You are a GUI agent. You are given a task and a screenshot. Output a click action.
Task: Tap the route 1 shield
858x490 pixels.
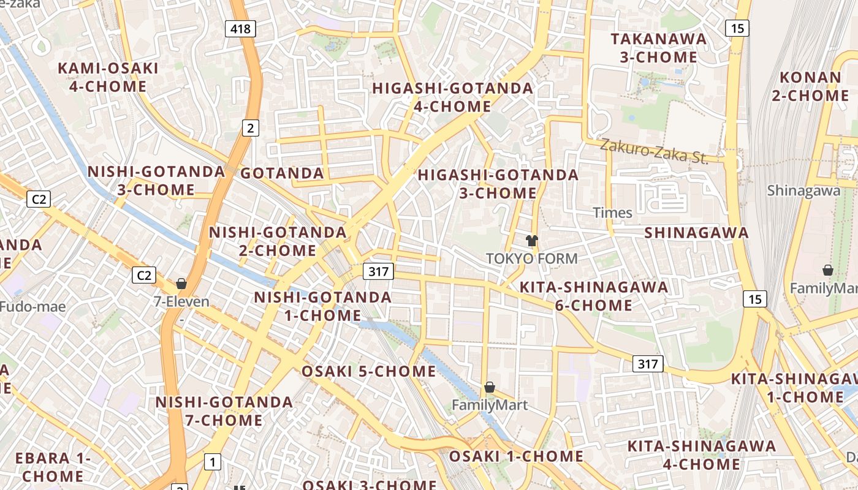coord(212,462)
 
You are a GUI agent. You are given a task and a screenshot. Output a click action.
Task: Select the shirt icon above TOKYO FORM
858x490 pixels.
coord(531,241)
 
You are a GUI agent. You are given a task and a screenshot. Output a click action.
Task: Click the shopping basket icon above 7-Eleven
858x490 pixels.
coord(181,284)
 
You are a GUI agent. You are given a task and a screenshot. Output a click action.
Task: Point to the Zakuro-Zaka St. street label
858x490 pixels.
coord(653,151)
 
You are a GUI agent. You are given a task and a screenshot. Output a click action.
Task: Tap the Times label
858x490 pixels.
coord(612,213)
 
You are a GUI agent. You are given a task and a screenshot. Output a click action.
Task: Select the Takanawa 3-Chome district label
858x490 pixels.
coord(658,48)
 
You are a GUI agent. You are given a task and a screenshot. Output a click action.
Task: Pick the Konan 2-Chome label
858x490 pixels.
coord(810,86)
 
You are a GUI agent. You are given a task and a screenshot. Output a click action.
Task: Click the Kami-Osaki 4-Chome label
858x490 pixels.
coord(108,77)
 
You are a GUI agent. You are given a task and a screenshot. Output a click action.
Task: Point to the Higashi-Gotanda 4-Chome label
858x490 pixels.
coord(453,97)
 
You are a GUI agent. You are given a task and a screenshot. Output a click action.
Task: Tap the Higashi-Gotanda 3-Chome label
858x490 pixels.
coord(498,184)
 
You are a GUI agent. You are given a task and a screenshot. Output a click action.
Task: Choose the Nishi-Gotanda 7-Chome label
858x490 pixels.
coord(224,411)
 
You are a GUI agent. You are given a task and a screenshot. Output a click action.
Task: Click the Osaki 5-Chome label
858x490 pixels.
coord(369,371)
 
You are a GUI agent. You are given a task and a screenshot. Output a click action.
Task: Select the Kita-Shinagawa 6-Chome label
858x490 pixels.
coord(593,296)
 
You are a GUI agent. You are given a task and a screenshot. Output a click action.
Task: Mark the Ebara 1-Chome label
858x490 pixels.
coord(53,467)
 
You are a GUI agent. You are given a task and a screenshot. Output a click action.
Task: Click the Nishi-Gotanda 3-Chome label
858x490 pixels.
coord(156,180)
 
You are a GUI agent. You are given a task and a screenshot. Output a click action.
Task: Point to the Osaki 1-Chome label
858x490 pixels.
coord(516,456)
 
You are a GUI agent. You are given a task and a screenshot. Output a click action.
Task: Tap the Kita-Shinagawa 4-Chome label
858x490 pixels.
coord(701,454)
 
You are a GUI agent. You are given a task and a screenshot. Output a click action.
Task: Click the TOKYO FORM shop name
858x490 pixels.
coord(531,258)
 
